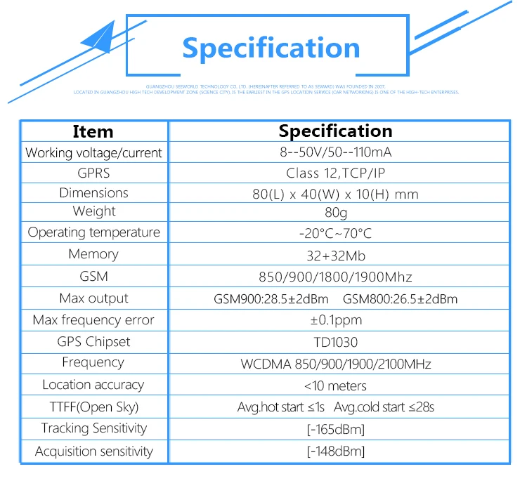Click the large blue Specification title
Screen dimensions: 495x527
tap(271, 48)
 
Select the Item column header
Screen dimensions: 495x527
tap(93, 131)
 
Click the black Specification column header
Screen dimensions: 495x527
tap(335, 131)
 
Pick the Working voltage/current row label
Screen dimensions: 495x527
tap(93, 152)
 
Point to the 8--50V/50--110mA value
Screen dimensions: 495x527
tap(336, 152)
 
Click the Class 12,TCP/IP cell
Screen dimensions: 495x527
tap(335, 173)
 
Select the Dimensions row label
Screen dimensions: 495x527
tap(93, 193)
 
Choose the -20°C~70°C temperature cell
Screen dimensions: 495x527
tap(335, 233)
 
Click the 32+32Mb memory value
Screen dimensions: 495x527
tap(336, 255)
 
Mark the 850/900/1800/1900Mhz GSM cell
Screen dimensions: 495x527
tap(336, 277)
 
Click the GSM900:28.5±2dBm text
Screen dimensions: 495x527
tap(271, 299)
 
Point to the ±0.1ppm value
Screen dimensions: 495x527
tap(336, 320)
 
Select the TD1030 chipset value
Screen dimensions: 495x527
tap(336, 342)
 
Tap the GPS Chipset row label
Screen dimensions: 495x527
tap(93, 342)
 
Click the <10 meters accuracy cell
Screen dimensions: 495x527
tap(335, 385)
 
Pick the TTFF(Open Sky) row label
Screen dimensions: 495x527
tap(93, 407)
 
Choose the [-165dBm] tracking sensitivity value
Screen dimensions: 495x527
tap(336, 429)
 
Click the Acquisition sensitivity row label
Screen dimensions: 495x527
tap(93, 451)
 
